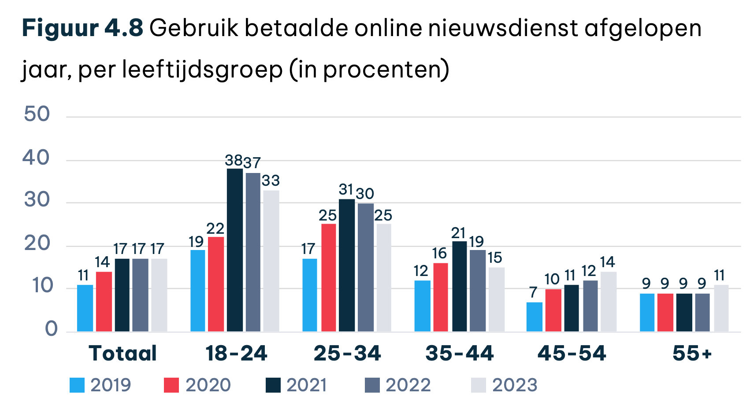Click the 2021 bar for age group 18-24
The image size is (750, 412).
pyautogui.click(x=235, y=250)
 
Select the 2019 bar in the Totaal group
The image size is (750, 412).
pyautogui.click(x=85, y=308)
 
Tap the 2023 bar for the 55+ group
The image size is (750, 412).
pyautogui.click(x=721, y=308)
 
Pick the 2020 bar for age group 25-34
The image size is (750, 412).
pyautogui.click(x=329, y=278)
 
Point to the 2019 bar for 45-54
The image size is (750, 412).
pyautogui.click(x=534, y=317)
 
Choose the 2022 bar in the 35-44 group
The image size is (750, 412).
pyautogui.click(x=478, y=291)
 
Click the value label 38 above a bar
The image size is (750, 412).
pyautogui.click(x=234, y=161)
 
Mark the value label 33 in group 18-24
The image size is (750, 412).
pyautogui.click(x=271, y=181)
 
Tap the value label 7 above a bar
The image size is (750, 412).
pyautogui.click(x=533, y=292)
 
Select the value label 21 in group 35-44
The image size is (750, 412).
pyautogui.click(x=459, y=233)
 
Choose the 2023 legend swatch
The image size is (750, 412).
pyautogui.click(x=479, y=385)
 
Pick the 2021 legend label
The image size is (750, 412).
pyautogui.click(x=307, y=385)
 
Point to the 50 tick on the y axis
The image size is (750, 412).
pyautogui.click(x=37, y=114)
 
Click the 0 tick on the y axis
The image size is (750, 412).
pyautogui.click(x=51, y=329)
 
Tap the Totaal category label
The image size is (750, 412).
pyautogui.click(x=123, y=353)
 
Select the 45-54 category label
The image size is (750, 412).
pyautogui.click(x=572, y=353)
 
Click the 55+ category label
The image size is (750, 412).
pyautogui.click(x=692, y=353)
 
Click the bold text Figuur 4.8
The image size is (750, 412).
pyautogui.click(x=82, y=28)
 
